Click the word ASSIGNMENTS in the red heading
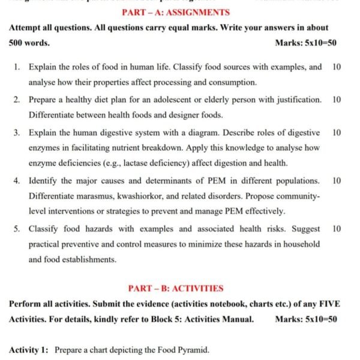pyautogui.click(x=199, y=12)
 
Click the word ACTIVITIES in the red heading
pyautogui.click(x=196, y=288)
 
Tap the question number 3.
pyautogui.click(x=17, y=132)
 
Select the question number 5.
pyautogui.click(x=17, y=229)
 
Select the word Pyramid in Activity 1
pyautogui.click(x=193, y=350)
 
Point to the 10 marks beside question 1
pyautogui.click(x=337, y=67)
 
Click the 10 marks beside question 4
pyautogui.click(x=337, y=180)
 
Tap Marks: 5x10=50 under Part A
pyautogui.click(x=305, y=43)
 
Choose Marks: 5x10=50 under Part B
pyautogui.click(x=305, y=319)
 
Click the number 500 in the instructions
pyautogui.click(x=17, y=43)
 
